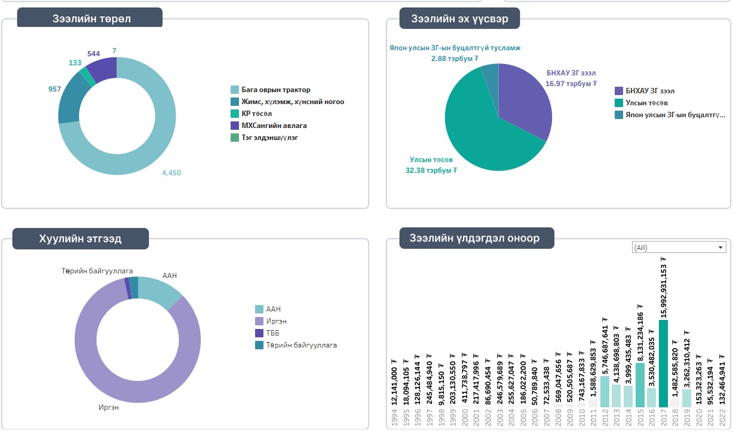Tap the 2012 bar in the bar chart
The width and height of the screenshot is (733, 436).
point(605,391)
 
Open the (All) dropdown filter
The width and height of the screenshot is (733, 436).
point(679,248)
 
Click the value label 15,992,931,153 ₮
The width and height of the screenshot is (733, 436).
point(663,287)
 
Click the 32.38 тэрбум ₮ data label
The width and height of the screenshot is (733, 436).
point(431,170)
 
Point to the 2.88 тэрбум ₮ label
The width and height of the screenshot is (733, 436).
point(455,59)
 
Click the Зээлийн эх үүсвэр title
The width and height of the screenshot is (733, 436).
point(459,19)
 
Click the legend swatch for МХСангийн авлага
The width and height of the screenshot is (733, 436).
point(235,126)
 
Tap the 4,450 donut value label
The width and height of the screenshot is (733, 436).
point(171,173)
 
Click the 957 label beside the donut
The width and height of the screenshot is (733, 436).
point(54,89)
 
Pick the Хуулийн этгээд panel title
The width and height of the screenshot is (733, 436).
point(80,239)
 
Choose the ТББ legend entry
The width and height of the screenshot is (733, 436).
point(272,333)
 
